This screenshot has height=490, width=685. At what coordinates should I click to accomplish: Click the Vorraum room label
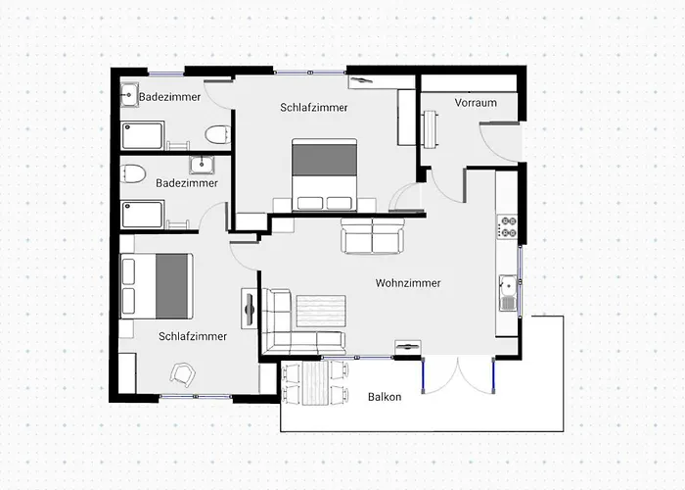(x=476, y=103)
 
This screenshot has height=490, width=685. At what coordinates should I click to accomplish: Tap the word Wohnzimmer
(x=408, y=283)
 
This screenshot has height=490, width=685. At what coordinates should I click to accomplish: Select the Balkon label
(x=385, y=397)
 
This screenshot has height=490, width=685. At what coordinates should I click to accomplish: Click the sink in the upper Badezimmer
(x=130, y=94)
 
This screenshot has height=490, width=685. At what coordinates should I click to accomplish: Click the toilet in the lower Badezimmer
(x=132, y=173)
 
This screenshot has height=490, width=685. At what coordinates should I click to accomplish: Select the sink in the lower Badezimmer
(x=202, y=165)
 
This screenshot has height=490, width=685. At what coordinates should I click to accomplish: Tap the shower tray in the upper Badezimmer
(x=143, y=135)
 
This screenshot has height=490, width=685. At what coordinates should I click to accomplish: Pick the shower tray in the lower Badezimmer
(x=143, y=215)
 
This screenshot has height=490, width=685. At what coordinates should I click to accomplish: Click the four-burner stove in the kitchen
(x=507, y=226)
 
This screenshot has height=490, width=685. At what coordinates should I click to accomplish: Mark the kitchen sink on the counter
(x=509, y=293)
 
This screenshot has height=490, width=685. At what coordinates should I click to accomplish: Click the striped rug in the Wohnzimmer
(x=321, y=311)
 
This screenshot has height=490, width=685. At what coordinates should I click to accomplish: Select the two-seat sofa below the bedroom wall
(x=373, y=236)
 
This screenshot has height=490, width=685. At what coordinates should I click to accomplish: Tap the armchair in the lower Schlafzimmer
(x=183, y=374)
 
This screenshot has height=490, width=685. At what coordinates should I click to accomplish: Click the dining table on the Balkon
(x=314, y=383)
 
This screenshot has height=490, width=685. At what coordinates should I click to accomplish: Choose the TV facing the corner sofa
(x=249, y=309)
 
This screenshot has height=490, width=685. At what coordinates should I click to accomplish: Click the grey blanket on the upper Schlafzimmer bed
(x=324, y=160)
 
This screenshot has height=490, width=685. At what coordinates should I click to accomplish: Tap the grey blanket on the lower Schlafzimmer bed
(x=171, y=286)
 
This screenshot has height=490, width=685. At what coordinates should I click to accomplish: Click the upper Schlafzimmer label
(x=314, y=107)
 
